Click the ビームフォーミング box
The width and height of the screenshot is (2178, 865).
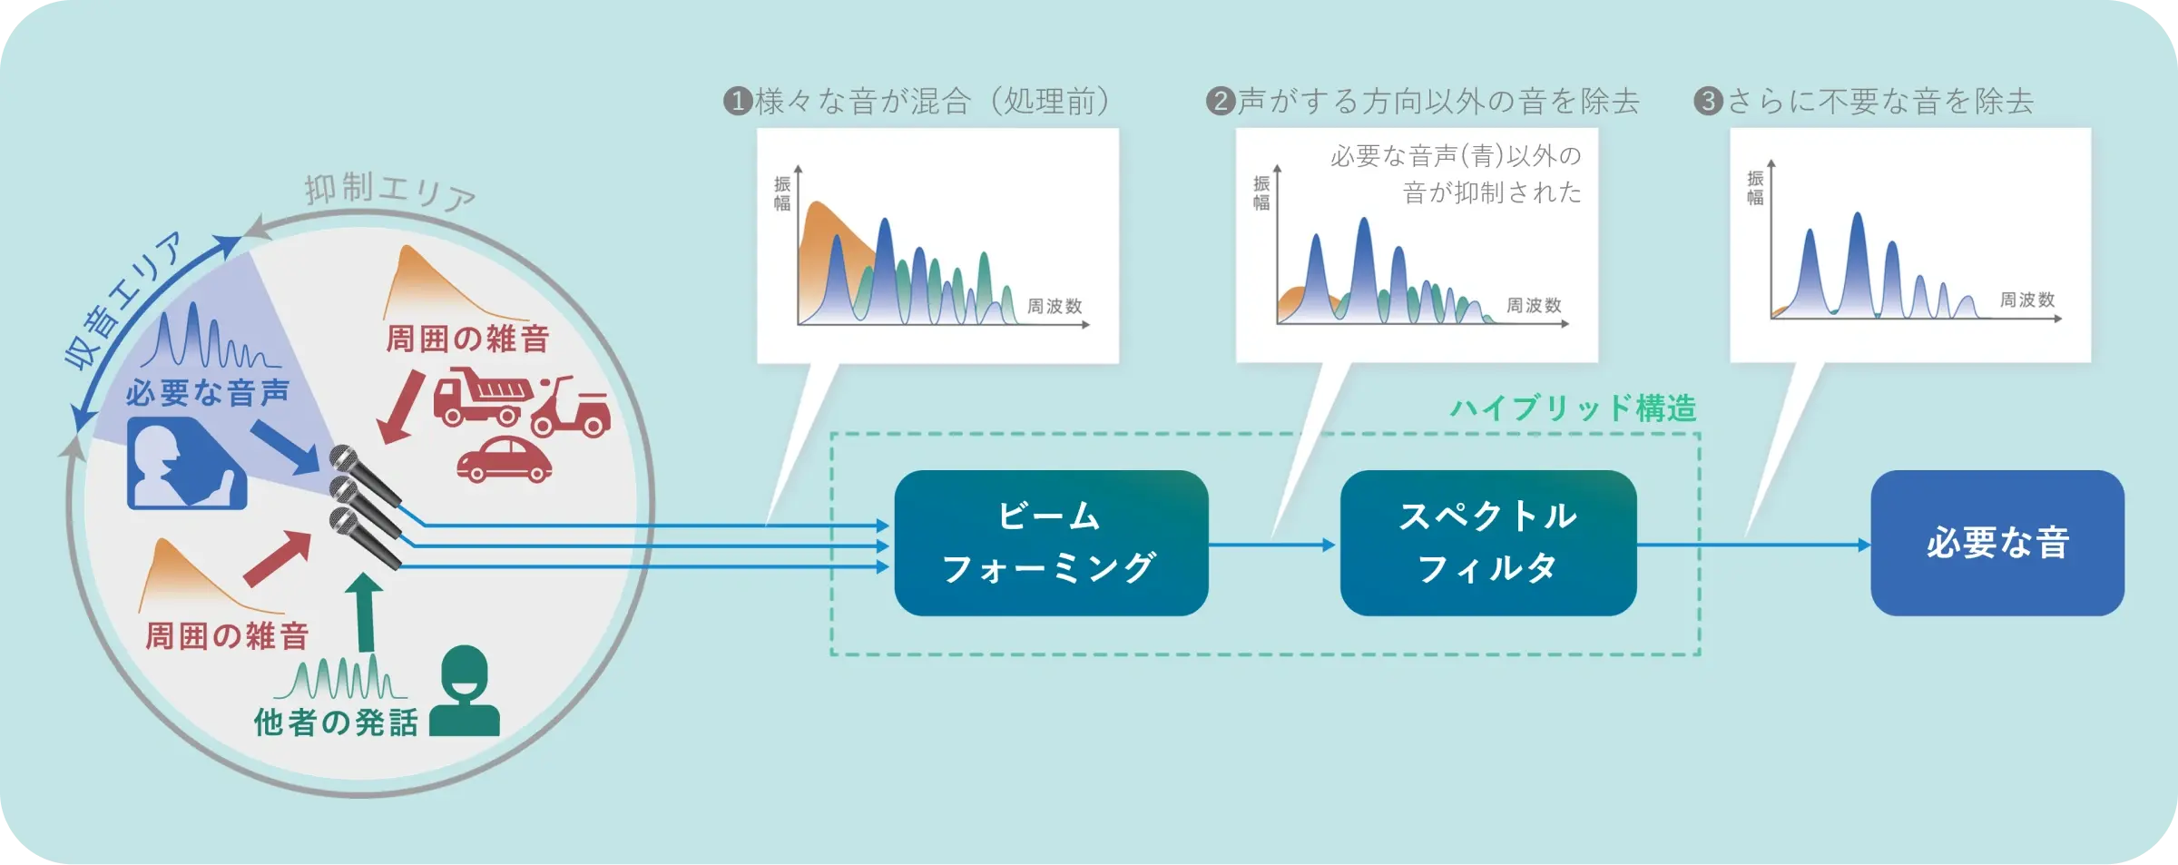(x=1050, y=543)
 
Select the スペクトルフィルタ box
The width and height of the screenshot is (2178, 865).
(x=1487, y=543)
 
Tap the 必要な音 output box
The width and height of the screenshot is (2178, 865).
(x=1996, y=543)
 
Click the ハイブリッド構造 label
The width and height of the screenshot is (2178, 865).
(x=1573, y=408)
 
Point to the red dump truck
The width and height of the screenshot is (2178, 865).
(x=480, y=396)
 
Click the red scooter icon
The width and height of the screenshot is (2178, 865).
(x=572, y=408)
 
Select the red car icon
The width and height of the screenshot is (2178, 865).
(x=505, y=459)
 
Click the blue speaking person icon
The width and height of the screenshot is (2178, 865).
(x=186, y=464)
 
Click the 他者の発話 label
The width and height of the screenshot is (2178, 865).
(x=336, y=722)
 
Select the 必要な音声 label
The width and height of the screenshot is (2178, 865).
(x=208, y=392)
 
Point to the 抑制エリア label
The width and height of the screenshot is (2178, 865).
(x=389, y=192)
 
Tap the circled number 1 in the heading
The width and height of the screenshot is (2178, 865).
(x=738, y=101)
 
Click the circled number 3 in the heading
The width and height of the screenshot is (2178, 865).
(x=1708, y=101)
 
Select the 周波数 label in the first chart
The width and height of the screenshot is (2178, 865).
(x=1055, y=307)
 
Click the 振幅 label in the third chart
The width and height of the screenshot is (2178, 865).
(x=1755, y=188)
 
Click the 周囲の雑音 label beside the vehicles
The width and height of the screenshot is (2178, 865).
(x=467, y=339)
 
